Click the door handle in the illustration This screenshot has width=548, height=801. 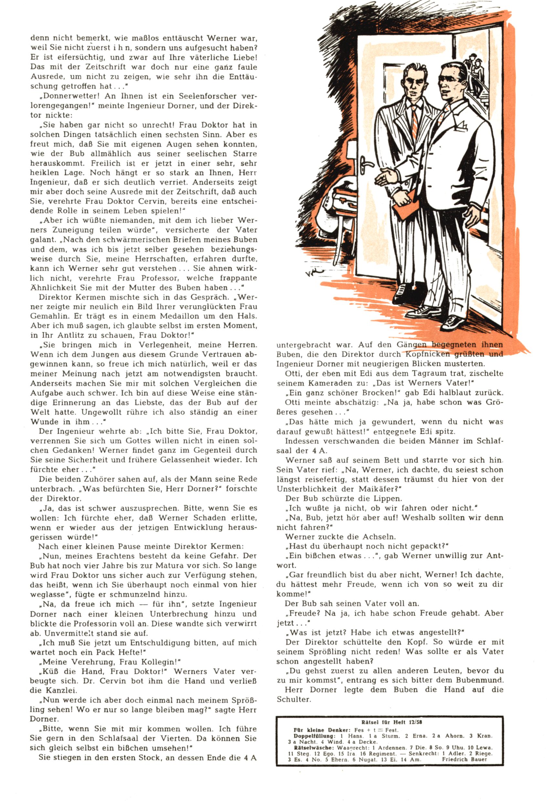365,164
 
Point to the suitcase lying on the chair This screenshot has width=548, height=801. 347,200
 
